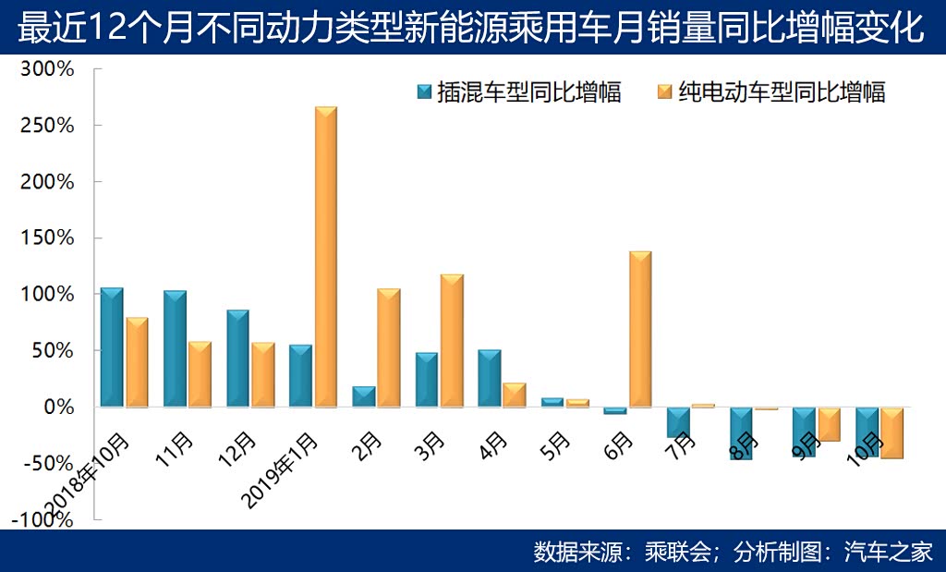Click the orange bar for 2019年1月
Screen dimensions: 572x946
tap(325, 256)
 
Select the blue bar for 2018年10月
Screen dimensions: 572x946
tap(112, 347)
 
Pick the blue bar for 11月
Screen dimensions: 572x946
tap(175, 348)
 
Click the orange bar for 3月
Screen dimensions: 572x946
tap(452, 340)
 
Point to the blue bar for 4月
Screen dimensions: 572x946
tap(490, 378)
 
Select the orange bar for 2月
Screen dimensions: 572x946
tap(388, 347)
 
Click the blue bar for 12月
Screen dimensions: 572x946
tap(237, 358)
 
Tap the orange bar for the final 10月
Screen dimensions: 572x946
tap(892, 432)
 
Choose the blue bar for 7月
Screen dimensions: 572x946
tap(678, 421)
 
